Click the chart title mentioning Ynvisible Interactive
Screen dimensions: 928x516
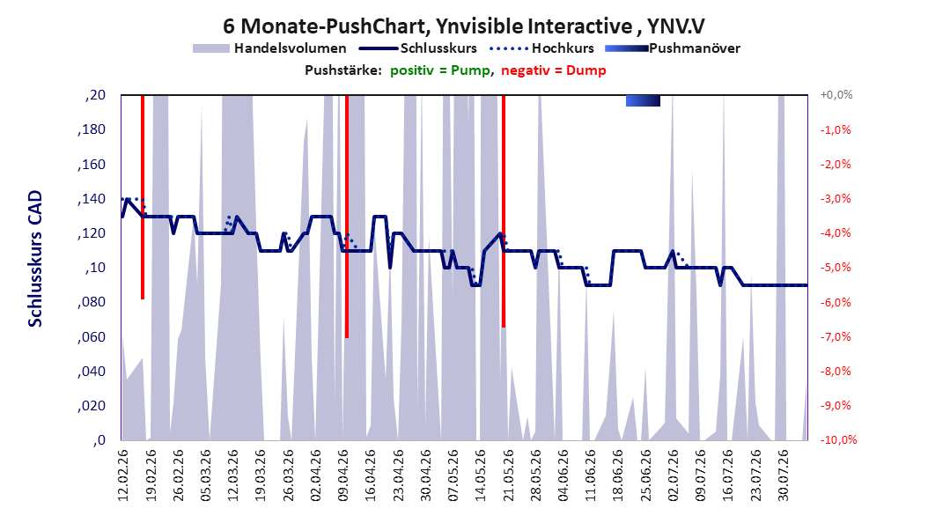[x=463, y=26]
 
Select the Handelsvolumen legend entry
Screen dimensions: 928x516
[x=270, y=48]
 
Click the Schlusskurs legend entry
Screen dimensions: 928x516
[x=418, y=48]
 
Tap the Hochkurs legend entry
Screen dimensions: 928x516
[x=541, y=48]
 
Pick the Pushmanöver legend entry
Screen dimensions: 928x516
[x=673, y=48]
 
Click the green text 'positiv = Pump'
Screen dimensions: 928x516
[x=440, y=70]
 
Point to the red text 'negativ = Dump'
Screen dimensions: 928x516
[x=554, y=70]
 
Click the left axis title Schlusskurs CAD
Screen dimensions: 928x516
[x=35, y=259]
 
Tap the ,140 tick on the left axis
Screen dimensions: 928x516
[x=92, y=199]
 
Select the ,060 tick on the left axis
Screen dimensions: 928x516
[x=92, y=336]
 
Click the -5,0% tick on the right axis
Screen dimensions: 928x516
[x=836, y=268]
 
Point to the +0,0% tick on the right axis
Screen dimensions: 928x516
[x=836, y=95]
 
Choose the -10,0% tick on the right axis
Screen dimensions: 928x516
[x=838, y=439]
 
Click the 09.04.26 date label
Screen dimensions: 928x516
[x=342, y=475]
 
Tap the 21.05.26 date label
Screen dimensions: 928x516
[x=508, y=475]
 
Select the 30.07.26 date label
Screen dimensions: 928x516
[x=783, y=475]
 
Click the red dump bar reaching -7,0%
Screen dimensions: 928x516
[x=347, y=217]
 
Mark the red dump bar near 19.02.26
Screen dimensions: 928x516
[x=143, y=197]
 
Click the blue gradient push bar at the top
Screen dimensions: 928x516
[x=643, y=100]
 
